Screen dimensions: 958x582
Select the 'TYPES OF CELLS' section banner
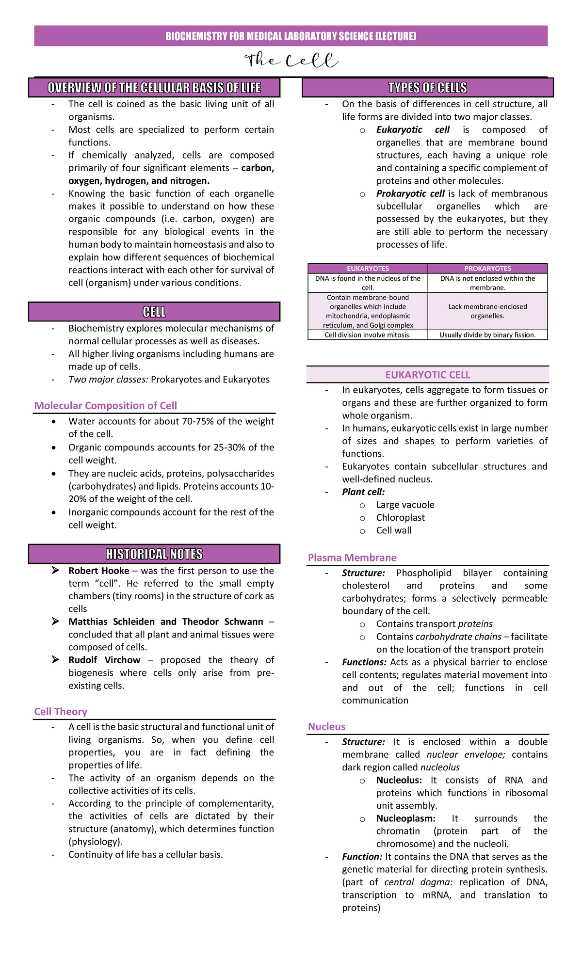[x=427, y=88]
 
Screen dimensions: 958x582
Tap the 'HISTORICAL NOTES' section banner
[x=154, y=554]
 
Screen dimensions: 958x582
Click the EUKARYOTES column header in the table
[x=368, y=269]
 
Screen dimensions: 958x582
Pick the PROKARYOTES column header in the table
[x=487, y=269]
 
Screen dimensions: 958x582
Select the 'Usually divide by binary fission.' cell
[x=487, y=335]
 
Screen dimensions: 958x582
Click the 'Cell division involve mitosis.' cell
[x=368, y=335]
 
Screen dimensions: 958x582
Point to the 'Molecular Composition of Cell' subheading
[x=106, y=406]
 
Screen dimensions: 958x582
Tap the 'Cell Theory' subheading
[x=61, y=712]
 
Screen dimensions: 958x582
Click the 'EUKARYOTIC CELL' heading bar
[x=427, y=375]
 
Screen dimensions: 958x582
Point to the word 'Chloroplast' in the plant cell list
[x=401, y=518]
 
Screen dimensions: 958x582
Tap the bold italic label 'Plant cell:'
[x=363, y=492]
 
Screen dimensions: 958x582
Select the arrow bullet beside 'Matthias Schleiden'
[x=56, y=622]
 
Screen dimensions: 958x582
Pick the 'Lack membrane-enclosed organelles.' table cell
[x=487, y=311]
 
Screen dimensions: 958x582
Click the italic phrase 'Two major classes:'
[x=108, y=380]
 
